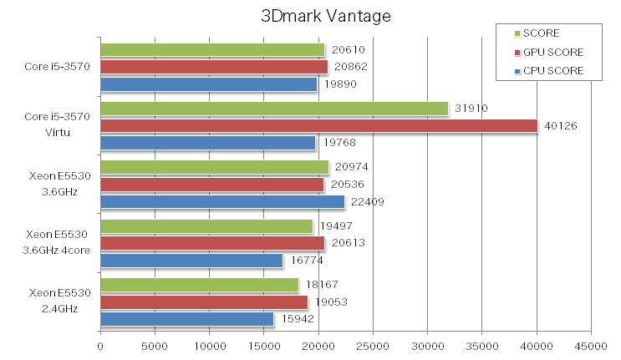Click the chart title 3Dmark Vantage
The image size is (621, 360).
pyautogui.click(x=313, y=17)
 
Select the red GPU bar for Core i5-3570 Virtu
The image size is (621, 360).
pyautogui.click(x=318, y=125)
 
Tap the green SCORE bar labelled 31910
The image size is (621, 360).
pyautogui.click(x=274, y=109)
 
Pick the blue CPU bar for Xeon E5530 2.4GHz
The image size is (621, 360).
pyautogui.click(x=186, y=319)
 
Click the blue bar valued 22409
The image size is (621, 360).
pyautogui.click(x=221, y=201)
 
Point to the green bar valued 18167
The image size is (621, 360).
pyautogui.click(x=199, y=285)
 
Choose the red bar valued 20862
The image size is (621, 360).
pyautogui.click(x=213, y=67)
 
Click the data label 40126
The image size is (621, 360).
pyautogui.click(x=562, y=125)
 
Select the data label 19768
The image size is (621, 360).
pyautogui.click(x=338, y=143)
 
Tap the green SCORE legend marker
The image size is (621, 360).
pyautogui.click(x=518, y=33)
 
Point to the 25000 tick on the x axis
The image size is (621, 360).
pyautogui.click(x=373, y=343)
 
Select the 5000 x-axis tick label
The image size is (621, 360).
pyautogui.click(x=155, y=343)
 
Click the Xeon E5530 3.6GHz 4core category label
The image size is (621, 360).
pyautogui.click(x=58, y=242)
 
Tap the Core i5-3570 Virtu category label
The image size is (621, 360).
pyautogui.click(x=58, y=125)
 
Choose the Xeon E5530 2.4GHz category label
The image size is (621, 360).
pyautogui.click(x=58, y=301)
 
